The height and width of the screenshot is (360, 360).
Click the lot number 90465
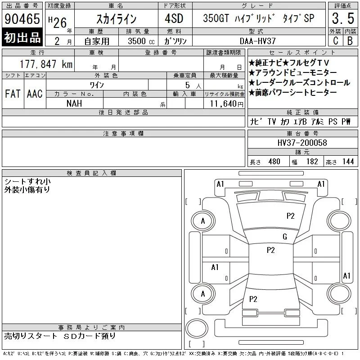(x=22, y=19)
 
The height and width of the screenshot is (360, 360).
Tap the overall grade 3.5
(x=343, y=18)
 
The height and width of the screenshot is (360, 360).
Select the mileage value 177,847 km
(x=46, y=64)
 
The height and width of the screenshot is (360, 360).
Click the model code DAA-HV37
(x=257, y=41)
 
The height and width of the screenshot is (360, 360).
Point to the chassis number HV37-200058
(x=302, y=143)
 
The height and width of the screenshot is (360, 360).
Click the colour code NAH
(x=74, y=103)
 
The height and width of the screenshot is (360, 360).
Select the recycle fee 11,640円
(x=227, y=104)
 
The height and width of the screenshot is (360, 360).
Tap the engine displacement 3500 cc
(x=141, y=41)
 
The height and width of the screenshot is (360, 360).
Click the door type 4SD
(x=174, y=18)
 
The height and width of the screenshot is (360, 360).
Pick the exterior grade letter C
(x=335, y=41)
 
